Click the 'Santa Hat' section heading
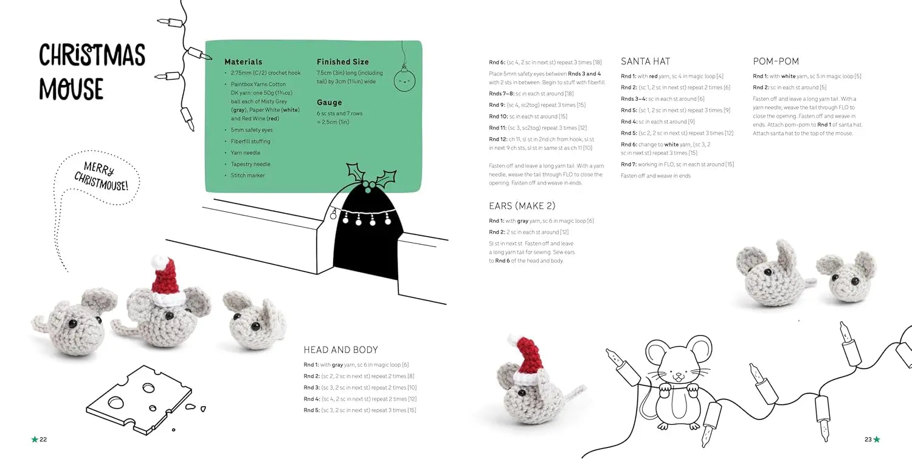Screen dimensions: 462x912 (x=645, y=61)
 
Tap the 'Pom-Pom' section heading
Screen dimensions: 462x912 (x=776, y=61)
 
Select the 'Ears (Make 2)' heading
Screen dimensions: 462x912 (x=522, y=206)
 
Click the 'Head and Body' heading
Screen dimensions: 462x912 (x=340, y=350)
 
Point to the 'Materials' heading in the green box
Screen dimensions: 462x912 (x=243, y=62)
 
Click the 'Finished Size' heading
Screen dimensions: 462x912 (x=342, y=62)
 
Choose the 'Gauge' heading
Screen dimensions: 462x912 (x=329, y=103)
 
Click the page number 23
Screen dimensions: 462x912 (x=868, y=440)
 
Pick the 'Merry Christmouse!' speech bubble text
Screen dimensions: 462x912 (x=102, y=175)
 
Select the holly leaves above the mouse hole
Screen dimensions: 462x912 (x=371, y=175)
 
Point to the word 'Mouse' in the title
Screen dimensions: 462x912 (x=71, y=89)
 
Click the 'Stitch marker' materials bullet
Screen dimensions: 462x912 (x=247, y=175)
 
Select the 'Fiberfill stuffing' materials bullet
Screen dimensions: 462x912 (x=250, y=141)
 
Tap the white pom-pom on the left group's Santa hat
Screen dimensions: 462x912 (x=159, y=262)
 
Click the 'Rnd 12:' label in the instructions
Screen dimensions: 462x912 (x=499, y=139)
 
